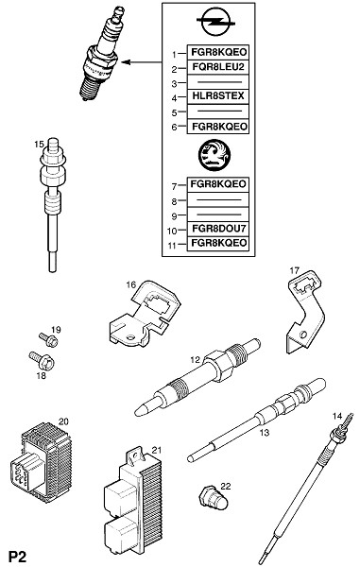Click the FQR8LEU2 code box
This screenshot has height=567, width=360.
pos(218,67)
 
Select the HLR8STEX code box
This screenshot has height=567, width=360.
pos(218,96)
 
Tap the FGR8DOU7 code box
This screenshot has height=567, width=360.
pos(218,229)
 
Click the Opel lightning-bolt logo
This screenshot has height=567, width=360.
pos(215,23)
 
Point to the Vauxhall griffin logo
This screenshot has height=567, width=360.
pos(214,155)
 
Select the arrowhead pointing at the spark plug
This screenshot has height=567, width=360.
pos(126,62)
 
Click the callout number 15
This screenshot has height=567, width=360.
pos(39,145)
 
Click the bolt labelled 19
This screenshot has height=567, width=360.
pos(49,339)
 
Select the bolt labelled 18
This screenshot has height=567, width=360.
pos(42,360)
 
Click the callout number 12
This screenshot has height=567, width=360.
pos(196,360)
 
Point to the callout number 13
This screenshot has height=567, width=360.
pos(265,433)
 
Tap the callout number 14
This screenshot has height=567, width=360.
pos(337,416)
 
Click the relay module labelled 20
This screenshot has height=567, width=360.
pos(40,463)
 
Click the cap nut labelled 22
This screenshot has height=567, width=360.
pos(214,500)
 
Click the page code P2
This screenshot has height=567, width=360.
pos(18,558)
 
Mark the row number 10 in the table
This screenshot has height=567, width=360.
pos(172,231)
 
